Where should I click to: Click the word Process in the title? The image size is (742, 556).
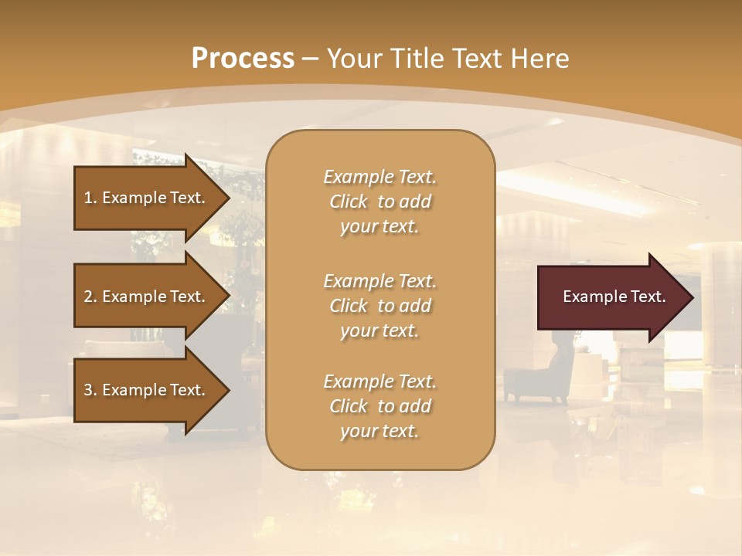[x=243, y=59]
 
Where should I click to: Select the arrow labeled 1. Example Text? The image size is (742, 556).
[x=147, y=198]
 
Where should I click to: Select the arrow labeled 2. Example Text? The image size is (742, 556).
[x=147, y=297]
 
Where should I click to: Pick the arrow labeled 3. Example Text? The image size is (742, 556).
[x=147, y=390]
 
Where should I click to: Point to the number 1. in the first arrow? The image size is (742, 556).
[x=90, y=198]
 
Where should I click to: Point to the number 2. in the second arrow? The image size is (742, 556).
[x=90, y=297]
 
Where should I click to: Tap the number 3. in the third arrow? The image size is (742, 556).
[x=90, y=390]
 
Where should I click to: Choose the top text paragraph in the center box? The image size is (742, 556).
[x=380, y=202]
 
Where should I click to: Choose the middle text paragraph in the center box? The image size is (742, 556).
[x=380, y=306]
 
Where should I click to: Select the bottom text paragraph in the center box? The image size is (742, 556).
[x=380, y=406]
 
